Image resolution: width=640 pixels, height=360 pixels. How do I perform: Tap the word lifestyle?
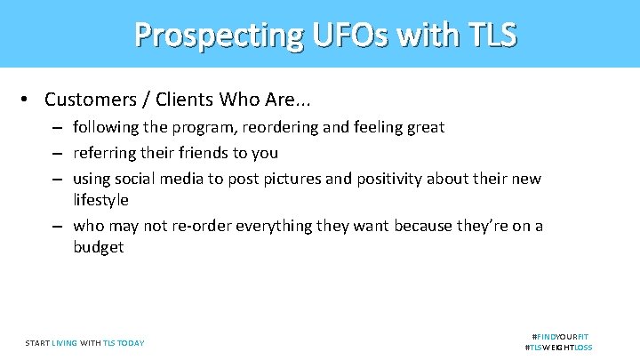100,200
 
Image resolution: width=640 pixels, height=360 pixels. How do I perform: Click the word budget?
99,247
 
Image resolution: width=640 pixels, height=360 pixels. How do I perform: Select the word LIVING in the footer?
64,343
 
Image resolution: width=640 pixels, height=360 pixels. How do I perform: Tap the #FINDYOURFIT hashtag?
560,337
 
